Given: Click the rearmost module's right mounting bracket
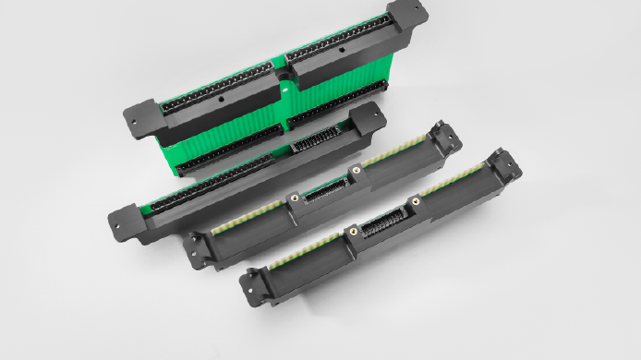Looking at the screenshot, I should [x=407, y=18].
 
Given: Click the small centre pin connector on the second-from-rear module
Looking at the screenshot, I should [x=307, y=144].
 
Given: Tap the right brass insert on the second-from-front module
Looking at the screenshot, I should [x=354, y=170].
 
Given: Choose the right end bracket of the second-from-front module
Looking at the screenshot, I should [x=446, y=137].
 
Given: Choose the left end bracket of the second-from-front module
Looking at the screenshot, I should [x=197, y=248].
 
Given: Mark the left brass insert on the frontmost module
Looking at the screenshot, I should [x=352, y=233].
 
